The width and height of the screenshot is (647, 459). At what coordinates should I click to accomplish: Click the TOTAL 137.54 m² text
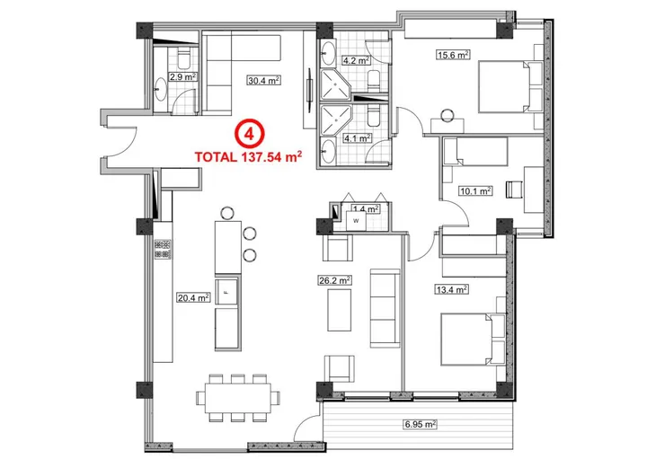247,154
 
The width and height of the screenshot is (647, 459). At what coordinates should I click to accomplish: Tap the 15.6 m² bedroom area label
453,55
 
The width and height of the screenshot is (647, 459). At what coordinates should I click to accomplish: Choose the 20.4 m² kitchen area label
192,297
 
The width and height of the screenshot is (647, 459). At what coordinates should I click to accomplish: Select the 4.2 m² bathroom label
357,62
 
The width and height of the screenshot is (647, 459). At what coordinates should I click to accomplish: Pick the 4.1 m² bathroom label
357,138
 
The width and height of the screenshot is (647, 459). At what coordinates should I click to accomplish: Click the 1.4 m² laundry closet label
366,208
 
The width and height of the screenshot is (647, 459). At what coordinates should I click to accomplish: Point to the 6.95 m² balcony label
419,424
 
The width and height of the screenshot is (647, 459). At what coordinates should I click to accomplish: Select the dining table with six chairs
236,396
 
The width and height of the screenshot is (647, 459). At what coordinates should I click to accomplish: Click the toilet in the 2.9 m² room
182,60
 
